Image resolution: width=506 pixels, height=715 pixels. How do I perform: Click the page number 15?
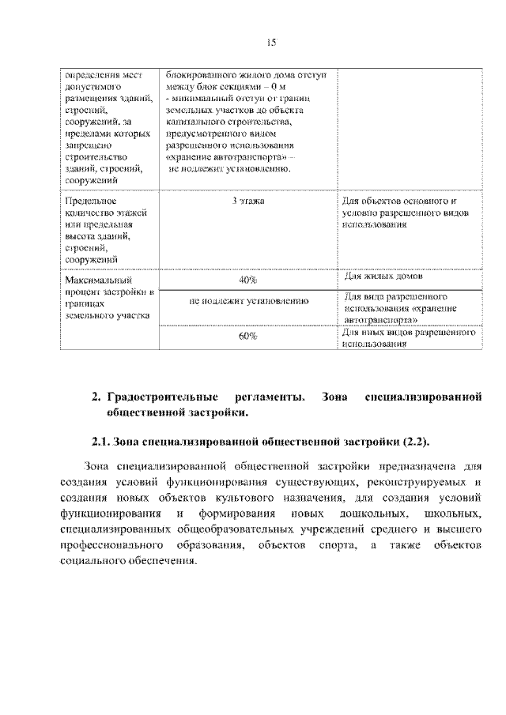pyautogui.click(x=269, y=42)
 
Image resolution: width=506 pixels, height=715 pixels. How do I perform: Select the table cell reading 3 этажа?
pyautogui.click(x=248, y=201)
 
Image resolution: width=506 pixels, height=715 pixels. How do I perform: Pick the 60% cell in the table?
pyautogui.click(x=248, y=337)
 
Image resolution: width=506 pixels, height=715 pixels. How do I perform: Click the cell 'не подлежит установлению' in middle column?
pyautogui.click(x=248, y=301)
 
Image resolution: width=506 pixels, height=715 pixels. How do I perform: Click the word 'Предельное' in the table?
pyautogui.click(x=89, y=201)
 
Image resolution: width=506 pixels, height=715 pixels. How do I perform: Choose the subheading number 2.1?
pyautogui.click(x=100, y=440)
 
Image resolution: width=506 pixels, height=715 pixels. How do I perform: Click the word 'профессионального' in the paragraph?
pyautogui.click(x=111, y=546)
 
